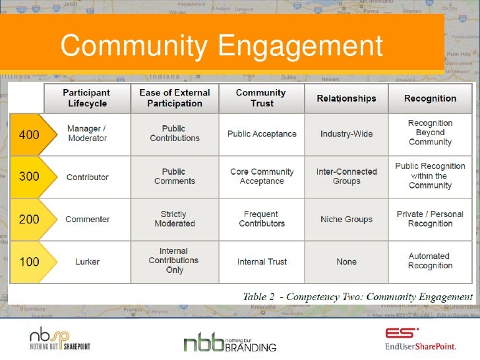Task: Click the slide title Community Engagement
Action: pos(222,46)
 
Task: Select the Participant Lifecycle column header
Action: pos(86,98)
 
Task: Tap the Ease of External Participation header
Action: pos(174,98)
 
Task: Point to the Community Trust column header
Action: pos(260,98)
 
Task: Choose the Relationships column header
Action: pos(346,98)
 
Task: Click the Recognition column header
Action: pos(430,98)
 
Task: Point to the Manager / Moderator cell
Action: pos(87,133)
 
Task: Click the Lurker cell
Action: pos(87,262)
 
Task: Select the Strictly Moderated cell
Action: pos(174,219)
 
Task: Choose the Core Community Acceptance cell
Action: pos(262,177)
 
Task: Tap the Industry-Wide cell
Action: pos(346,134)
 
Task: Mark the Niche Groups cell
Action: pos(346,219)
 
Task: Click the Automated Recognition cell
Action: pos(430,261)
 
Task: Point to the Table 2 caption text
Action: pos(357,296)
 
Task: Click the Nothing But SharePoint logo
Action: pos(59,338)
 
